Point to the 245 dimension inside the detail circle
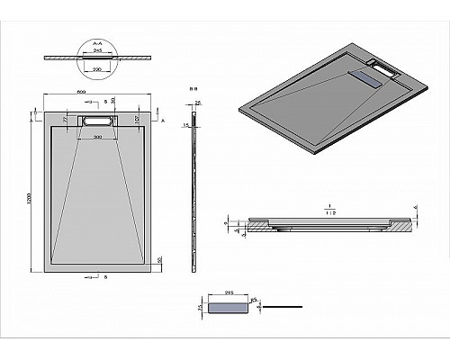point(96,52)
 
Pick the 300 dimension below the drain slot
point(96,136)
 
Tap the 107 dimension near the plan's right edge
point(135,118)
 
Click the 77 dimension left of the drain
point(65,118)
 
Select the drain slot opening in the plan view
point(96,119)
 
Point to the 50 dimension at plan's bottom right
point(158,259)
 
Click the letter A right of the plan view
point(163,118)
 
